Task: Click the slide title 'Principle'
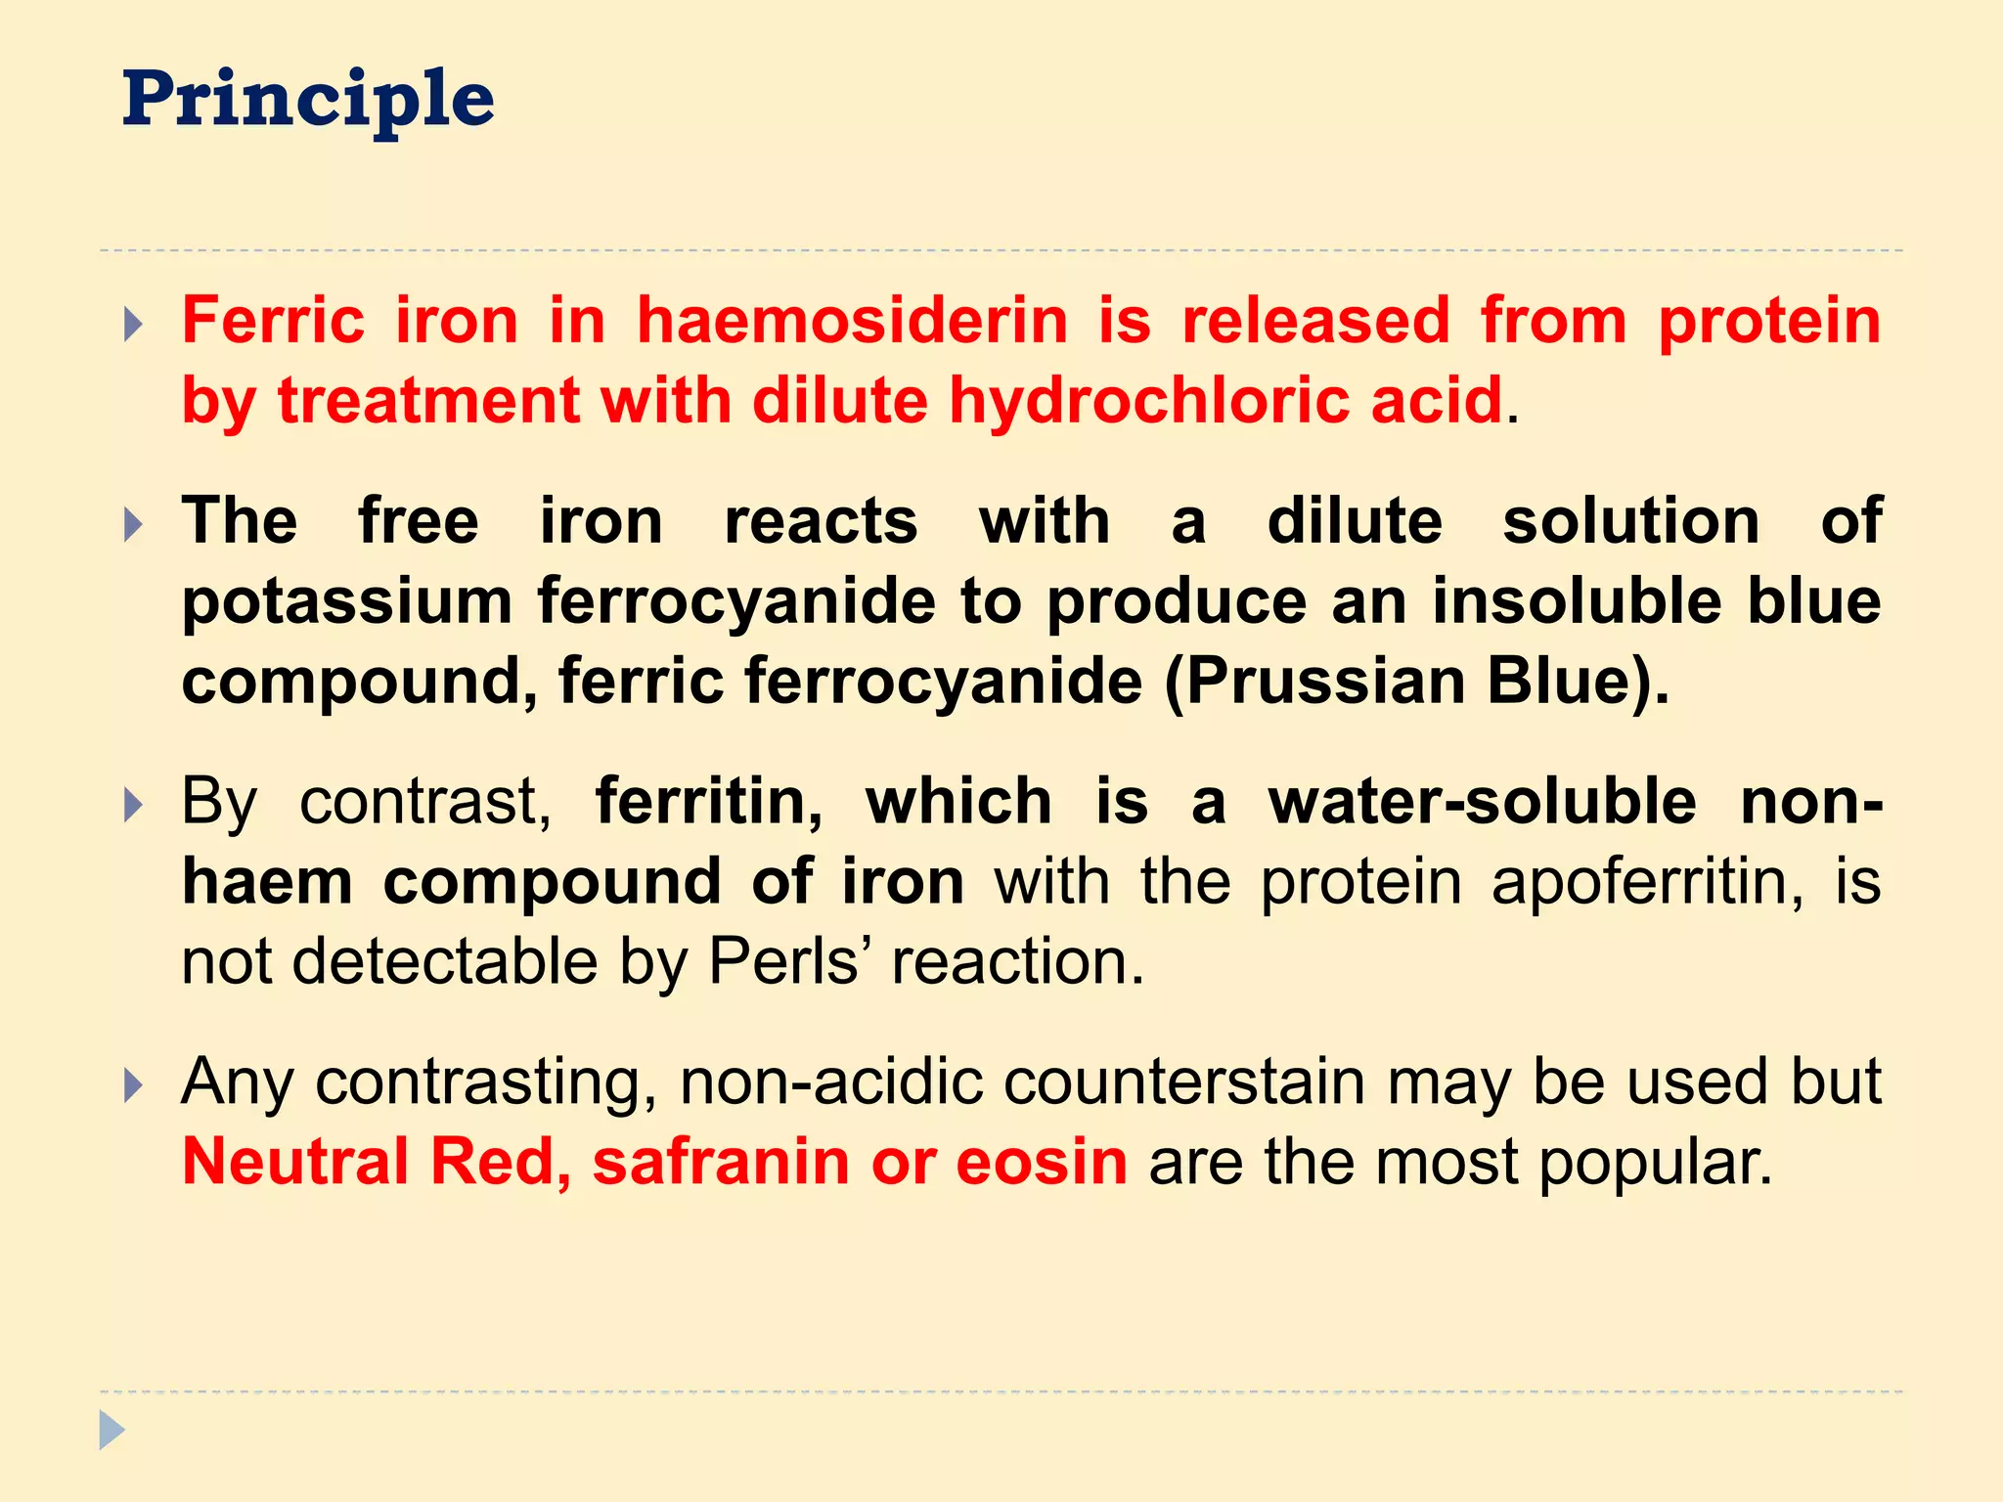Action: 308,101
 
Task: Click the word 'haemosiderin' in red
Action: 852,321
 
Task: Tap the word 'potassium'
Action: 347,601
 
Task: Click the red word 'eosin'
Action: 1041,1162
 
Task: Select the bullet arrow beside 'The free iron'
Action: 134,524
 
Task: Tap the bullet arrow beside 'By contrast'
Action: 134,805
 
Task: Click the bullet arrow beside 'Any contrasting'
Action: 134,1084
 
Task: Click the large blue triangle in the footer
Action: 111,1431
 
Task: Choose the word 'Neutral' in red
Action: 295,1162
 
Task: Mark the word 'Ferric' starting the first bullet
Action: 273,321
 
